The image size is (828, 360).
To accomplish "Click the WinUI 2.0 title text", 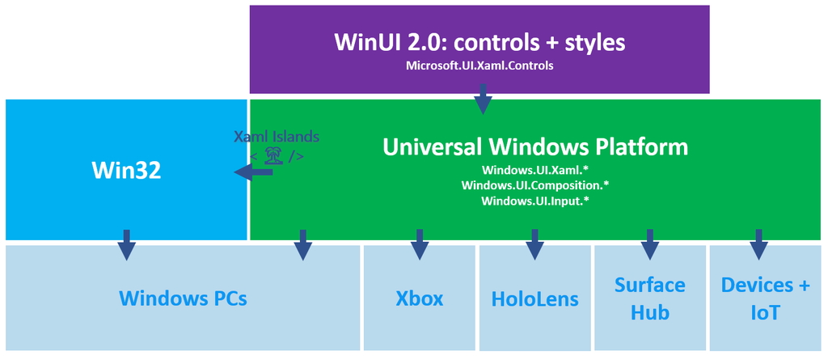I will (x=479, y=42).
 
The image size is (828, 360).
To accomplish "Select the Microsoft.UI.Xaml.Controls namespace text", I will (x=479, y=66).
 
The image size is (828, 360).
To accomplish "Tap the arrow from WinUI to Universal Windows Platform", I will (x=483, y=102).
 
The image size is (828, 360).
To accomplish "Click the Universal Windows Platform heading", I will (x=534, y=146).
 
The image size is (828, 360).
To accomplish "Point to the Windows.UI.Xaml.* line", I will (x=534, y=170).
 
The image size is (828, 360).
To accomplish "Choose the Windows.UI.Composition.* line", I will (x=534, y=185).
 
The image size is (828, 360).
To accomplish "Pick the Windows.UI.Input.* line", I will (x=534, y=201).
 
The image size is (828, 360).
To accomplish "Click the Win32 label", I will (x=126, y=171).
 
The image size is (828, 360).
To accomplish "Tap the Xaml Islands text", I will (x=276, y=137).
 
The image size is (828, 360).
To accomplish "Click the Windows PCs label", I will (x=183, y=298).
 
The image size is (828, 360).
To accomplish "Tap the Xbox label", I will (x=419, y=298).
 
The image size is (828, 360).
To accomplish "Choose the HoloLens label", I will (x=534, y=299).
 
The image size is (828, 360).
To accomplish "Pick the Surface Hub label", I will (x=649, y=298).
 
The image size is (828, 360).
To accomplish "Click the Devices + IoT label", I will (x=764, y=298).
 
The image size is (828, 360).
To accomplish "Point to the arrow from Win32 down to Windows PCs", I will (x=127, y=244).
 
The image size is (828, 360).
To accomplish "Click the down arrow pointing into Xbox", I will (x=419, y=244).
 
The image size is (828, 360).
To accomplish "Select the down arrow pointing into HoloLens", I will (x=534, y=244).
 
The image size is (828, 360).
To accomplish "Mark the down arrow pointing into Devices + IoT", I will (x=758, y=244).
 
